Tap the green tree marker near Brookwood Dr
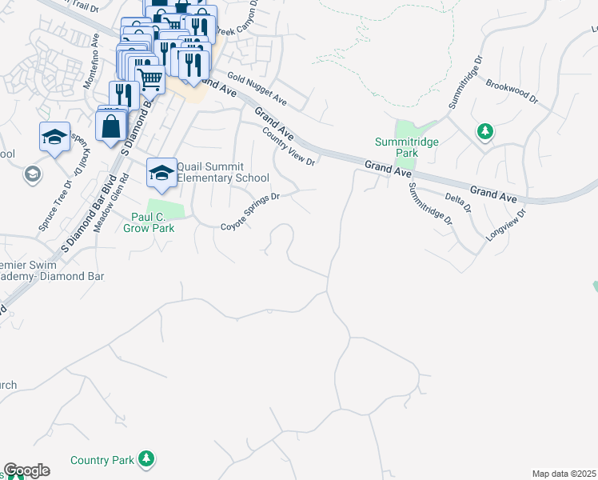[484, 131]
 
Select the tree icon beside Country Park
[146, 459]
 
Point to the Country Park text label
[102, 460]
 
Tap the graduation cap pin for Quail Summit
[161, 173]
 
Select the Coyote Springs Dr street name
[250, 210]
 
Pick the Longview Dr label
[507, 226]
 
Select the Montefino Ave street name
[91, 62]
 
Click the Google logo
[26, 470]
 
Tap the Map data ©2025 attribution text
[564, 474]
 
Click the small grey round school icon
[33, 174]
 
